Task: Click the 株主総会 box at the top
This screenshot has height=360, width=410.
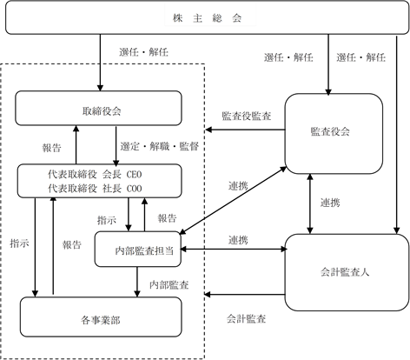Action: [207, 17]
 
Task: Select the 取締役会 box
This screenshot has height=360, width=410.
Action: [98, 108]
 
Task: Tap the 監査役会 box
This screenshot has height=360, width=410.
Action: [334, 134]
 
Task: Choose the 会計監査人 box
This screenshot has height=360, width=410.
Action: [347, 272]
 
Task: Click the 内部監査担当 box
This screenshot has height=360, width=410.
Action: [138, 250]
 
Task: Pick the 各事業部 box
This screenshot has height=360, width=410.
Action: [101, 317]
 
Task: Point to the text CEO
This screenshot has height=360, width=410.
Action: [134, 175]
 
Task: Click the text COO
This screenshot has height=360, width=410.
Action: [134, 189]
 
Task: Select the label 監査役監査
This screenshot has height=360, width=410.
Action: [247, 116]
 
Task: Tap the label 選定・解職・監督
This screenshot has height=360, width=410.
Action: [160, 146]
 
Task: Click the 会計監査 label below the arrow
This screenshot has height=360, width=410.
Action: [246, 319]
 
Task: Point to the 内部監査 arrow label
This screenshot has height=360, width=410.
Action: [169, 285]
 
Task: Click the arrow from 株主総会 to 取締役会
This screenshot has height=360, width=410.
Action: [100, 63]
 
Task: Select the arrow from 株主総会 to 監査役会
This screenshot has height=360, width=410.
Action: [328, 64]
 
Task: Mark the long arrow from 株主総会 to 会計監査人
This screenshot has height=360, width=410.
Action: [397, 135]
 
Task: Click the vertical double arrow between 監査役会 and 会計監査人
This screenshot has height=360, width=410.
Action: [310, 203]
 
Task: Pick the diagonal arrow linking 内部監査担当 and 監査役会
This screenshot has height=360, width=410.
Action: [233, 201]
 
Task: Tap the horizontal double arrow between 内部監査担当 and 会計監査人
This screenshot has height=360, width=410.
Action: [234, 249]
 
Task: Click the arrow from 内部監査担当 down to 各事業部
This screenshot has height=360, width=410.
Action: [137, 282]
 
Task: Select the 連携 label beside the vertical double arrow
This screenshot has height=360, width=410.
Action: [330, 203]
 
